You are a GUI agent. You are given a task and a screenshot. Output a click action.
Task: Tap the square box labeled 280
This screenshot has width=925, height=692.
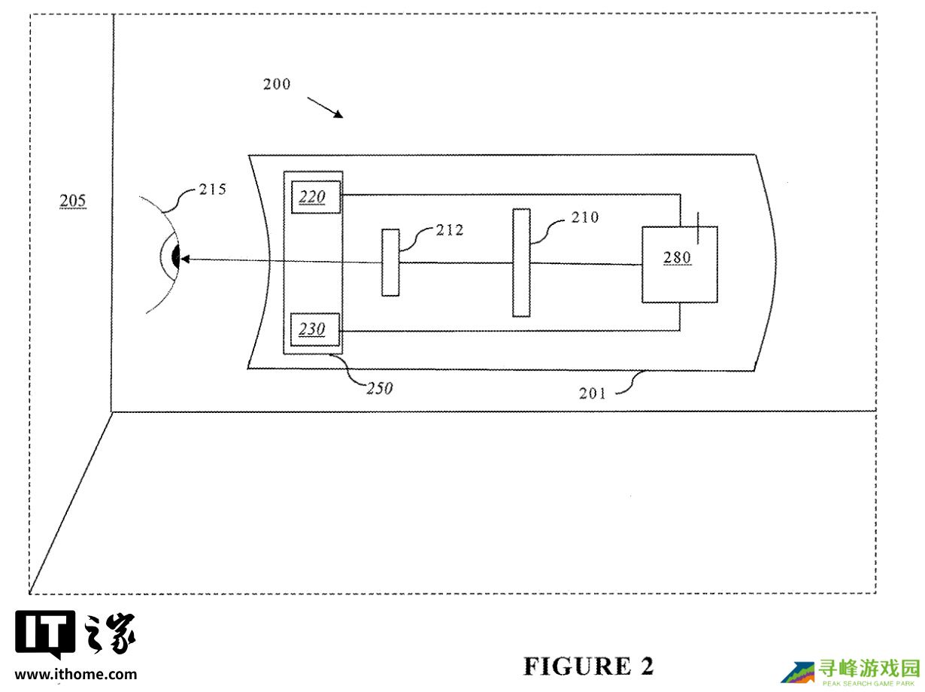[679, 264]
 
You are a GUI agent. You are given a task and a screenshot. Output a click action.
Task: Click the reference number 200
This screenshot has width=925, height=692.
[277, 84]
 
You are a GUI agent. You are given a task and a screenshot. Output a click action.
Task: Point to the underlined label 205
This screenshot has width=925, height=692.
[73, 201]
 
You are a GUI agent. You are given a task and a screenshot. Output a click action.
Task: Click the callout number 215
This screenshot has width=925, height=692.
[212, 190]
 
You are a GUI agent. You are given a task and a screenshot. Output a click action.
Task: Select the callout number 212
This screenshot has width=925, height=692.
[450, 230]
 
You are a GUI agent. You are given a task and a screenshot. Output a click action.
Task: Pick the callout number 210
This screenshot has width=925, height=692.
[585, 217]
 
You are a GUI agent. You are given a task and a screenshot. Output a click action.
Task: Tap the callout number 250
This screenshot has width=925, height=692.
[379, 389]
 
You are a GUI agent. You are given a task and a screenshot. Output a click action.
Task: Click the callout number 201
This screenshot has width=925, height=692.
[592, 392]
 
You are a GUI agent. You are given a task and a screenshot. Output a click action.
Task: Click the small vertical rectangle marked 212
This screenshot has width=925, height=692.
[390, 263]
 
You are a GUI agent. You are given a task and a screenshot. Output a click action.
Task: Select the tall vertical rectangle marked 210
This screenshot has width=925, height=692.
[521, 263]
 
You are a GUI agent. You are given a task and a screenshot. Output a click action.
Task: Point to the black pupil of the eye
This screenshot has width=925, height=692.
[176, 257]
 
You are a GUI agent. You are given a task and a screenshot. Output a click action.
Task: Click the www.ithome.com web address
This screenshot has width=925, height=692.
[76, 674]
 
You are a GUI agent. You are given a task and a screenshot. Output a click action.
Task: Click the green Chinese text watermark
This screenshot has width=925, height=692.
[869, 667]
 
